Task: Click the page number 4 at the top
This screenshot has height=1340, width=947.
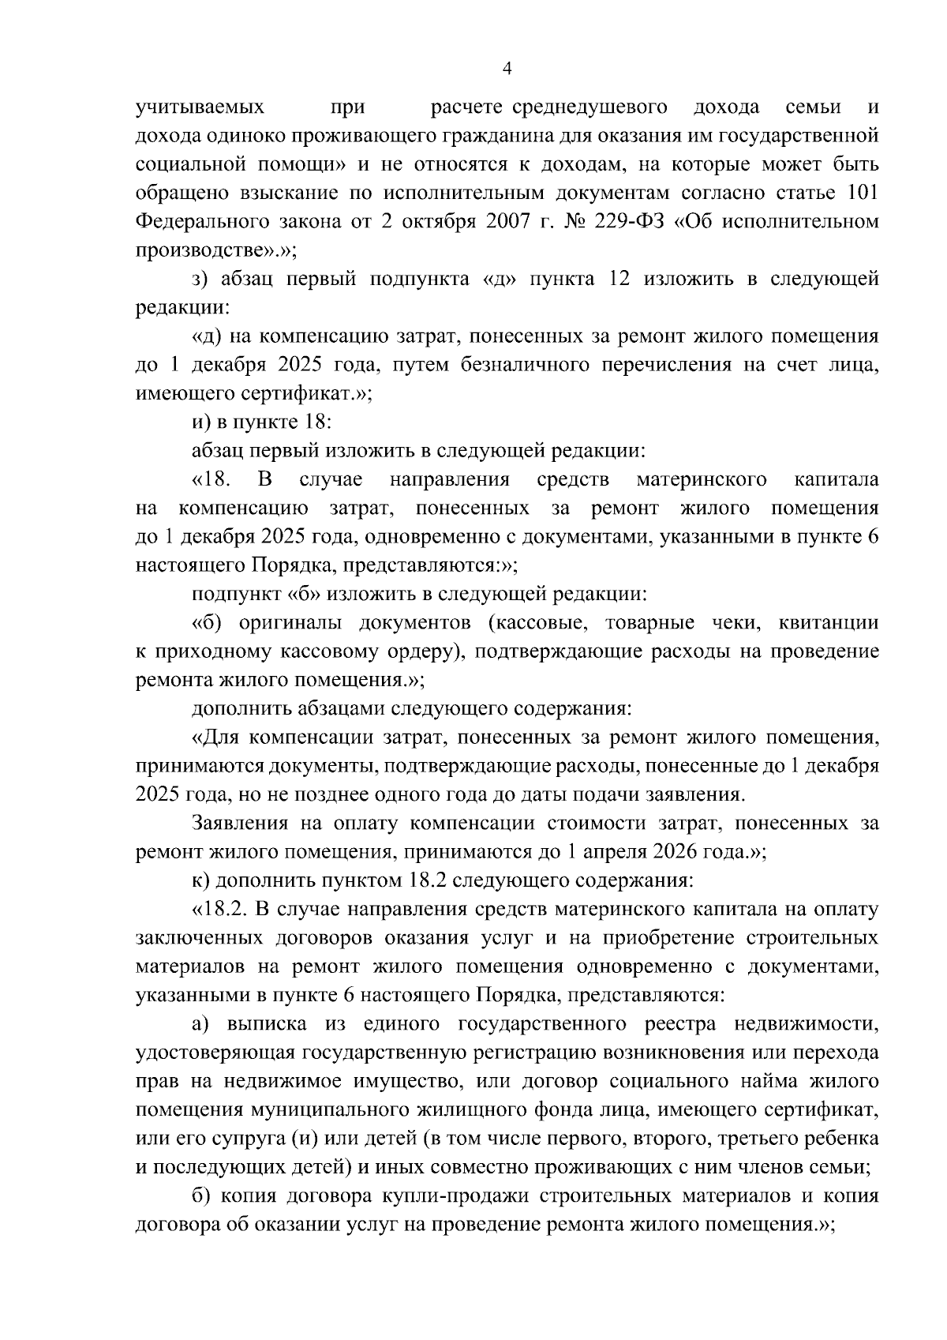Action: point(507,69)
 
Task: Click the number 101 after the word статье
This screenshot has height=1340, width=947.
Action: point(862,193)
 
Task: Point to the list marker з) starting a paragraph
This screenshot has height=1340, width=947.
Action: point(200,280)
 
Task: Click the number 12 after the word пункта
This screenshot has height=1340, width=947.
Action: point(620,280)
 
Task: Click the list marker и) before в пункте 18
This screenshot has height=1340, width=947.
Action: point(200,422)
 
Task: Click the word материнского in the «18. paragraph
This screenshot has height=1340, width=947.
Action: point(702,480)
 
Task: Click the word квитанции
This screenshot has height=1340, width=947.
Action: point(828,623)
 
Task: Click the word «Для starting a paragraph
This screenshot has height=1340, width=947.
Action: point(215,738)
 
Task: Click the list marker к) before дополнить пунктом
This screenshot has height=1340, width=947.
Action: point(200,881)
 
